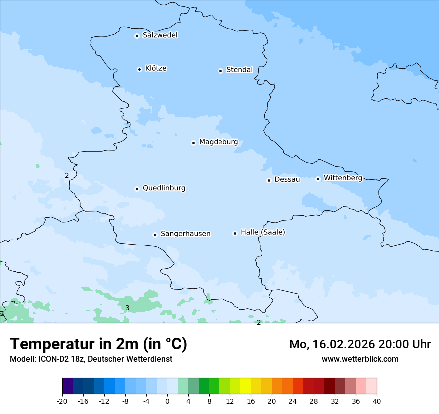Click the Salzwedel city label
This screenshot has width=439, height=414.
pyautogui.click(x=160, y=35)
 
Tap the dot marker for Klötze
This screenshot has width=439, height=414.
pyautogui.click(x=139, y=69)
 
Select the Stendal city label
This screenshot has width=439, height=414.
pyautogui.click(x=239, y=70)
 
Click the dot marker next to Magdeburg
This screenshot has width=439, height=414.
pyautogui.click(x=193, y=143)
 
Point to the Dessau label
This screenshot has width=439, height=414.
pyautogui.click(x=287, y=179)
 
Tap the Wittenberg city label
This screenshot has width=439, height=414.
pyautogui.click(x=343, y=178)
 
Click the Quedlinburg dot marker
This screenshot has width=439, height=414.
pyautogui.click(x=137, y=189)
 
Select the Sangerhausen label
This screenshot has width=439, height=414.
pyautogui.click(x=185, y=234)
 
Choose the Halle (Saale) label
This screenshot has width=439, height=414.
pyautogui.click(x=263, y=232)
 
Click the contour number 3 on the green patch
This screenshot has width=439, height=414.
pyautogui.click(x=127, y=308)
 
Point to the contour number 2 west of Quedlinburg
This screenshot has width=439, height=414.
pyautogui.click(x=67, y=175)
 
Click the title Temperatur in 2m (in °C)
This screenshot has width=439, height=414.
pyautogui.click(x=98, y=344)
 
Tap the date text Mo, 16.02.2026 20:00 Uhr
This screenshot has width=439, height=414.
pyautogui.click(x=360, y=344)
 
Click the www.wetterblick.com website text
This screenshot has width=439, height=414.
pyautogui.click(x=360, y=359)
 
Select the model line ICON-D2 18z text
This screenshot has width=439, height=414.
pyautogui.click(x=91, y=359)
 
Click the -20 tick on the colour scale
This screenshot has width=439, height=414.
pyautogui.click(x=62, y=401)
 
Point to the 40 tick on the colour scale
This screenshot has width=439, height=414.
pyautogui.click(x=376, y=401)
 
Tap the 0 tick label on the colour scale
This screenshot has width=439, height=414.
pyautogui.click(x=167, y=401)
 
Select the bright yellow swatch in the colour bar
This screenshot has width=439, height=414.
pyautogui.click(x=245, y=386)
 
